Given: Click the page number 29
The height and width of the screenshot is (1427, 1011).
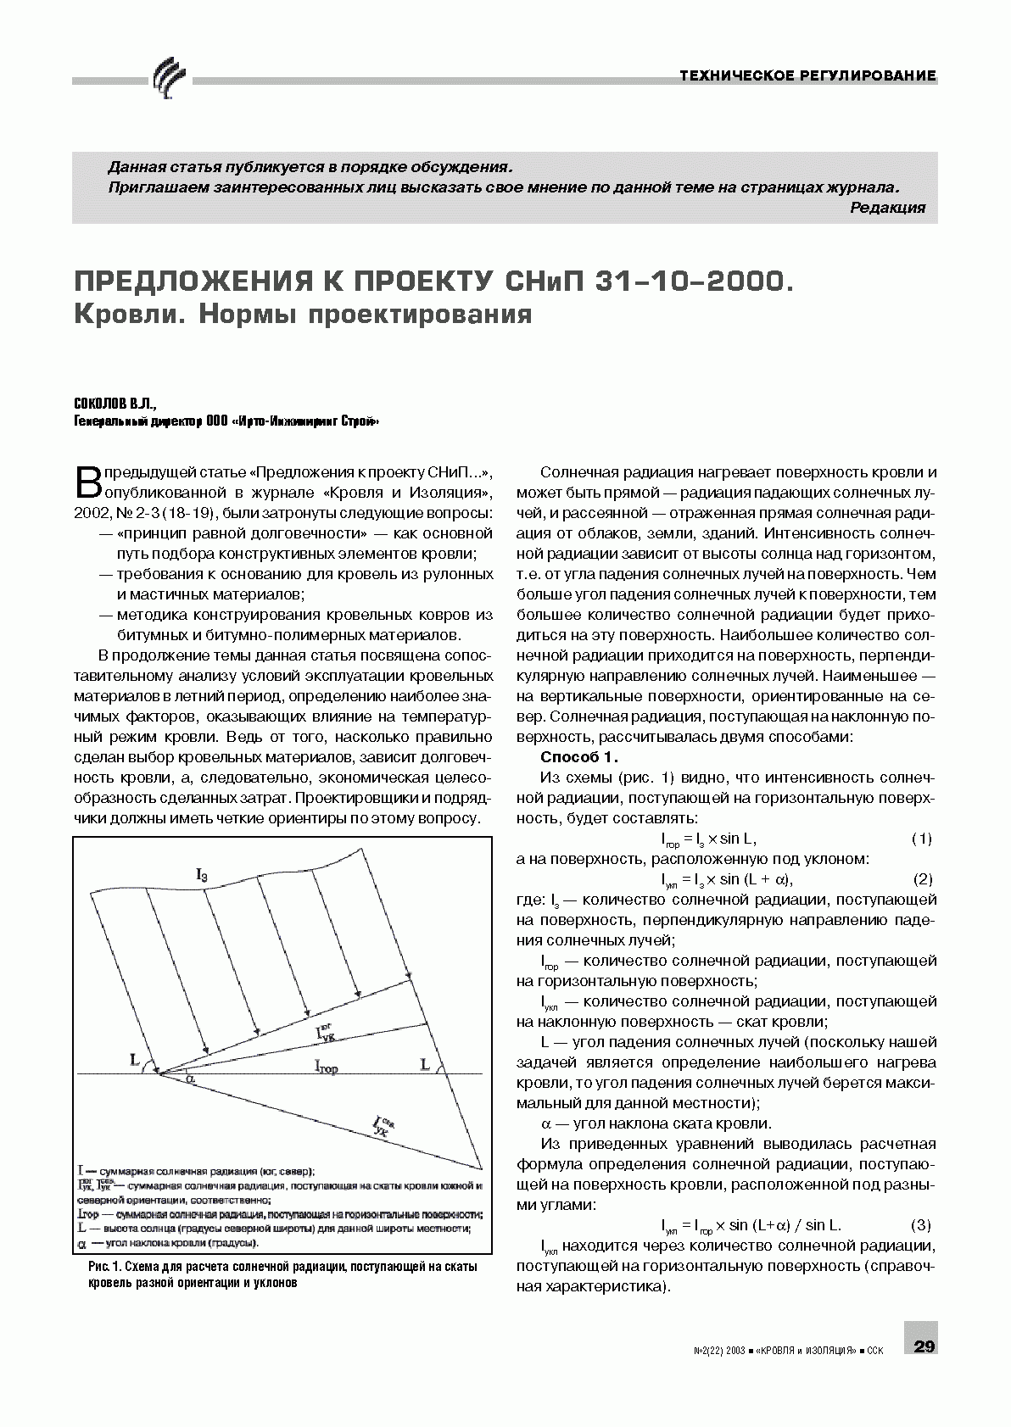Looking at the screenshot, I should pos(924,1346).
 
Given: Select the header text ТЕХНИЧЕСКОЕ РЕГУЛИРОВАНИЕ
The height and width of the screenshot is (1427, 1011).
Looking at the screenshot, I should pos(808,76).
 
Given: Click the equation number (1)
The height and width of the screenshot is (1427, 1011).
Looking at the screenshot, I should pos(921,839).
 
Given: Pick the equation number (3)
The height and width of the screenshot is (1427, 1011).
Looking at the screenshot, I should pos(920,1225).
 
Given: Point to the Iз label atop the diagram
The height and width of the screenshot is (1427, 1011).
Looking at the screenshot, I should pos(201,873).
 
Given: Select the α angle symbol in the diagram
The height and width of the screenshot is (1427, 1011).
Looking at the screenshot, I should pos(190,1079).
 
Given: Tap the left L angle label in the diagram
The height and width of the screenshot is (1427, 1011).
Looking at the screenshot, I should pos(135,1059).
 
